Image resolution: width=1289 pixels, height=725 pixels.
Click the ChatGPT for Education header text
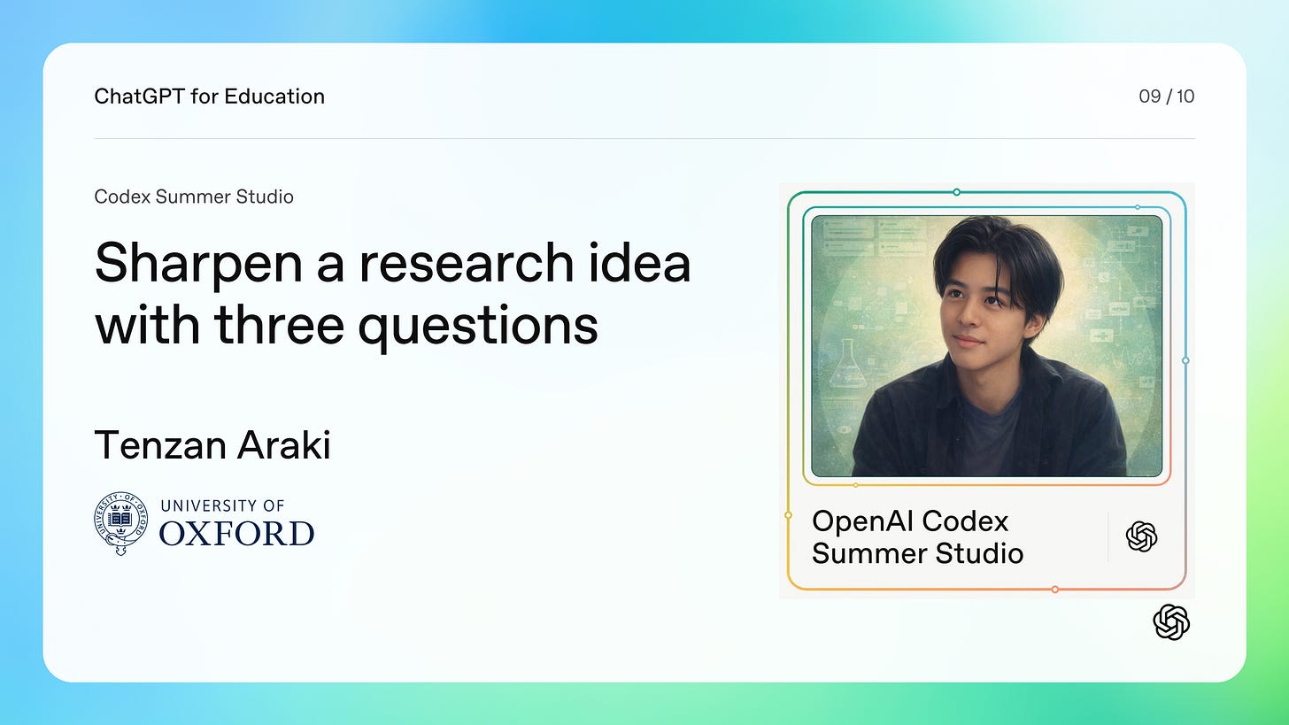210,96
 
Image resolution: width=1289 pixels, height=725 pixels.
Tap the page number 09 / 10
1167,96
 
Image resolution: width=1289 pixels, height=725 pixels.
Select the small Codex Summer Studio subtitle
194,197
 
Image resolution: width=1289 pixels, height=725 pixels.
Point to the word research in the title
466,262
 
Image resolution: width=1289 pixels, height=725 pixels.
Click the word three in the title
279,324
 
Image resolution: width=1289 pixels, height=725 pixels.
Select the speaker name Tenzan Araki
212,444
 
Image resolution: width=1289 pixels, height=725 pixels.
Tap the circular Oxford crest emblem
120,523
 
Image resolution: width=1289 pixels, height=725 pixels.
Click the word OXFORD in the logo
236,534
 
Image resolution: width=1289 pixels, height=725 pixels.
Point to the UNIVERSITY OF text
222,505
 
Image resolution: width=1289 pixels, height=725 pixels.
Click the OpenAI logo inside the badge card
1142,536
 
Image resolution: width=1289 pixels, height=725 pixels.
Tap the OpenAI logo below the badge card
1171,622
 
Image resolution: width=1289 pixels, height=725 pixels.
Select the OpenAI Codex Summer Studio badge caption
917,536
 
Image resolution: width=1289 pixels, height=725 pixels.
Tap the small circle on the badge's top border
956,192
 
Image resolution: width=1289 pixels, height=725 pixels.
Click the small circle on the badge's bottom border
1054,590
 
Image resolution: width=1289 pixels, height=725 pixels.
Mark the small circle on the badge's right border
1185,361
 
